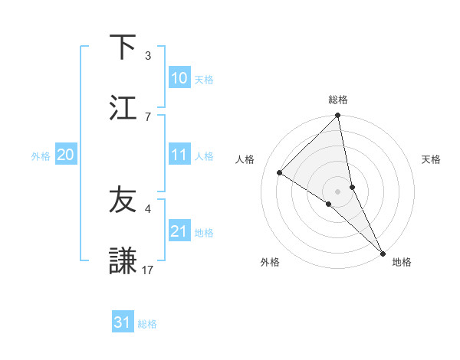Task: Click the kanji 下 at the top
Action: pyautogui.click(x=123, y=47)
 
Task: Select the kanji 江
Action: pyautogui.click(x=123, y=106)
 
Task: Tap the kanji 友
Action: pyautogui.click(x=123, y=200)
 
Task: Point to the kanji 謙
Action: pyautogui.click(x=123, y=260)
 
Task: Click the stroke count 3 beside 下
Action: pyautogui.click(x=148, y=56)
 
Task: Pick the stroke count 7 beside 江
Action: pyautogui.click(x=148, y=116)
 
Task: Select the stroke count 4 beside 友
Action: pyautogui.click(x=148, y=209)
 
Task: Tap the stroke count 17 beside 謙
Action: pyautogui.click(x=148, y=269)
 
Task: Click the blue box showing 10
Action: pyautogui.click(x=179, y=78)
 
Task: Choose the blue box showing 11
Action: pyautogui.click(x=179, y=155)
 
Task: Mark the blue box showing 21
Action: pyautogui.click(x=179, y=231)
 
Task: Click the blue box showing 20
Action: pyautogui.click(x=66, y=155)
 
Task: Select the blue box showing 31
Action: pyautogui.click(x=123, y=323)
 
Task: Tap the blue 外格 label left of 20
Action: pyautogui.click(x=41, y=156)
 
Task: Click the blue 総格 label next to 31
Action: pyautogui.click(x=147, y=324)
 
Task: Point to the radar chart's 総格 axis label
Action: pyautogui.click(x=338, y=100)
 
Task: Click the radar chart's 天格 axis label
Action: pyautogui.click(x=431, y=159)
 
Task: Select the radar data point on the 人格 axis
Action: pyautogui.click(x=280, y=173)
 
